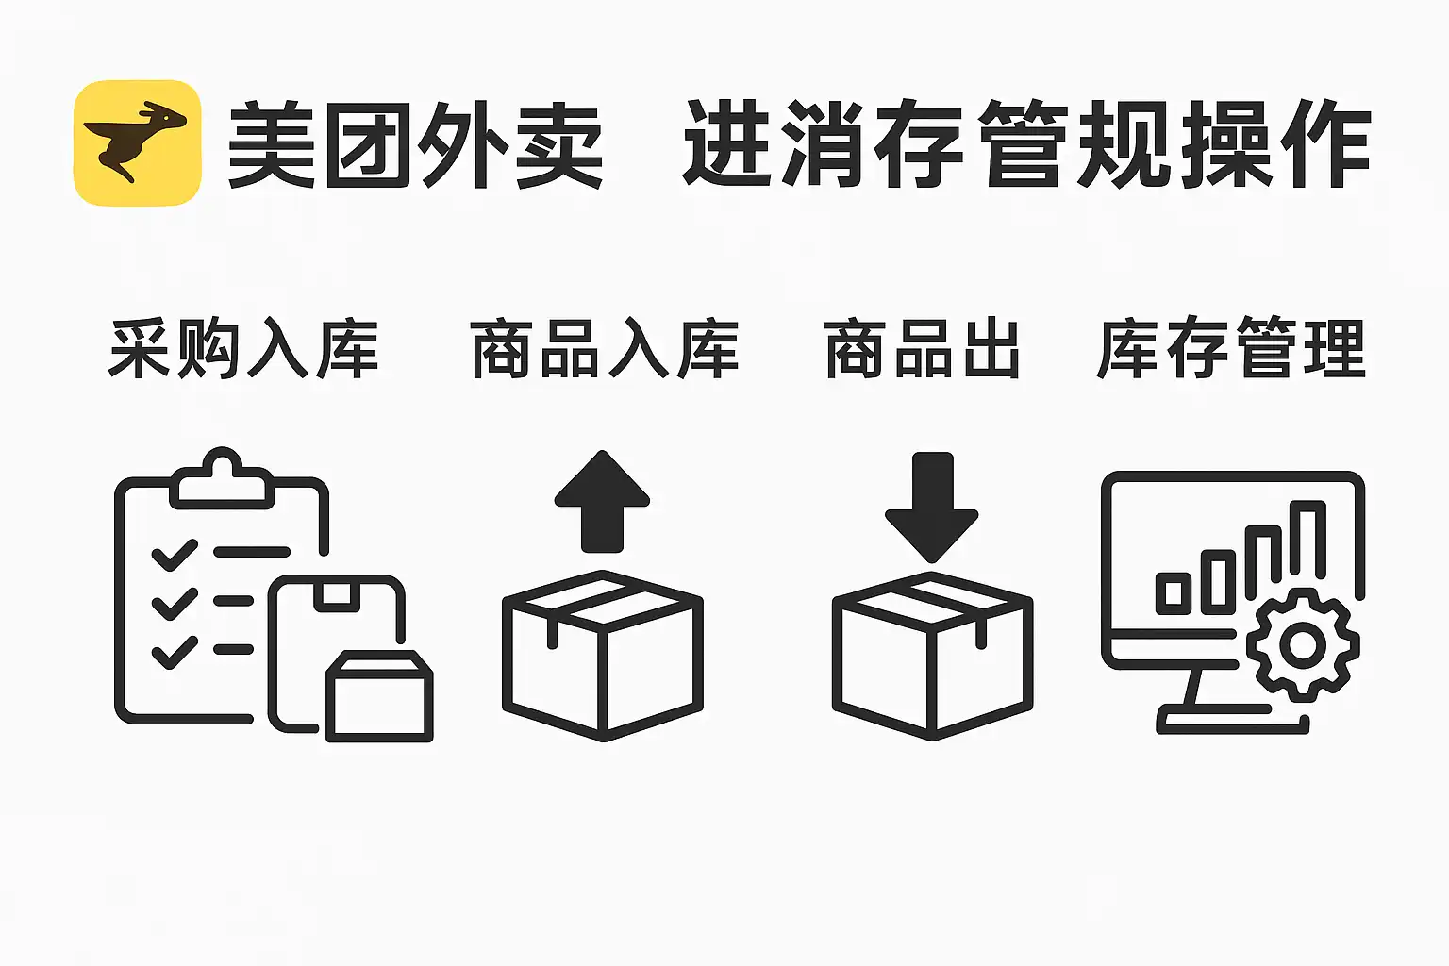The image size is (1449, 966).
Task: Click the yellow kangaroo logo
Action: [x=138, y=143]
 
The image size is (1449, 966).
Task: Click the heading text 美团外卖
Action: [x=415, y=145]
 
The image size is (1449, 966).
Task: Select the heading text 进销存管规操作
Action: [x=1026, y=145]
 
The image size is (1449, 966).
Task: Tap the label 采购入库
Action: [x=243, y=350]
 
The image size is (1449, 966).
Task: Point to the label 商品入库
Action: [x=604, y=350]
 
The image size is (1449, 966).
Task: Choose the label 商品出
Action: [x=923, y=350]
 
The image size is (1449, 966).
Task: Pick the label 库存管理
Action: [x=1231, y=350]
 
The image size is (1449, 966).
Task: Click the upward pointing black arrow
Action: [x=602, y=501]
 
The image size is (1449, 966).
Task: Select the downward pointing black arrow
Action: [x=931, y=506]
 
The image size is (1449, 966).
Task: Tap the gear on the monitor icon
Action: [x=1303, y=645]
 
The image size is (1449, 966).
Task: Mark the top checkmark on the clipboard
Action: [x=175, y=554]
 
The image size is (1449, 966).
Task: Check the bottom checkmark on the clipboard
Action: [x=175, y=652]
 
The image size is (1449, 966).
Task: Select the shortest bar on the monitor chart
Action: [x=1174, y=592]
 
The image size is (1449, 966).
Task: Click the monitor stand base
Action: [x=1232, y=724]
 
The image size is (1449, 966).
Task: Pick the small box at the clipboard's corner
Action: [x=379, y=696]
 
